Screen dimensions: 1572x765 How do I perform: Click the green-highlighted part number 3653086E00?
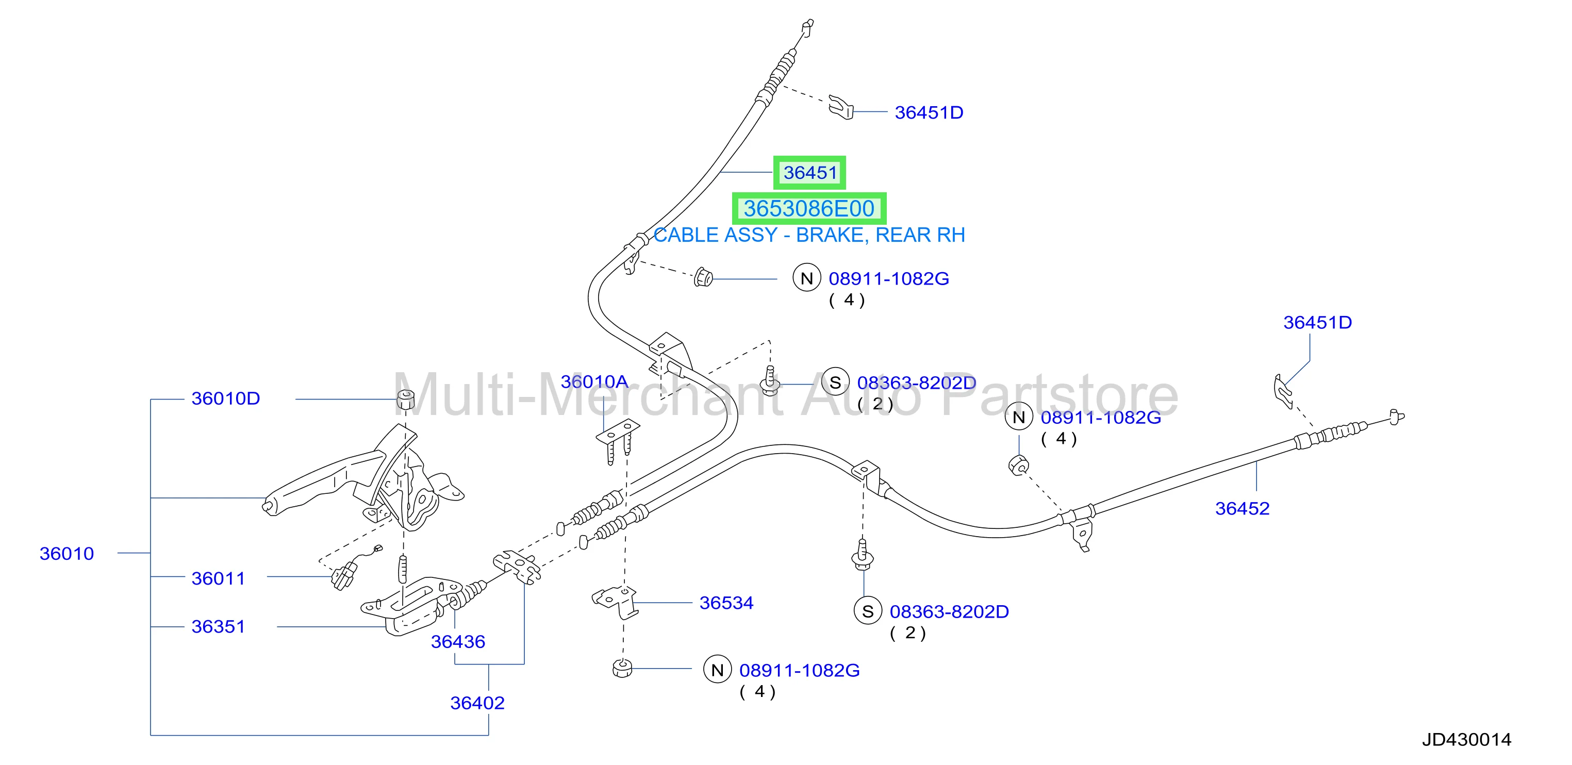[x=808, y=209]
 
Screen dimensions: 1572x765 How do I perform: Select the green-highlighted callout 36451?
[x=810, y=173]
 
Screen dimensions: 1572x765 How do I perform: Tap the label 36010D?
[x=226, y=398]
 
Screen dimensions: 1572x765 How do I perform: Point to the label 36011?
[x=218, y=578]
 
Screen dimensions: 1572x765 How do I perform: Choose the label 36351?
[x=218, y=626]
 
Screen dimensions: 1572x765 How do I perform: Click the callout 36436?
[x=458, y=642]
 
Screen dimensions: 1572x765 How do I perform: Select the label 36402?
[x=477, y=703]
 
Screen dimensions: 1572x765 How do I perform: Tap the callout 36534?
[x=726, y=603]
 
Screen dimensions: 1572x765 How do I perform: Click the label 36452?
[x=1242, y=508]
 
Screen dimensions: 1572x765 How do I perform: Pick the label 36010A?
[x=594, y=381]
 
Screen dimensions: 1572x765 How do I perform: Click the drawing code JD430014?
[x=1466, y=739]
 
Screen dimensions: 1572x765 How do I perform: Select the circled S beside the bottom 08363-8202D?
[x=868, y=611]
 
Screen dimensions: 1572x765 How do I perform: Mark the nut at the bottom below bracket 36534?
[x=622, y=669]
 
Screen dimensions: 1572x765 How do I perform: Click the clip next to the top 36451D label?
[x=841, y=107]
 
